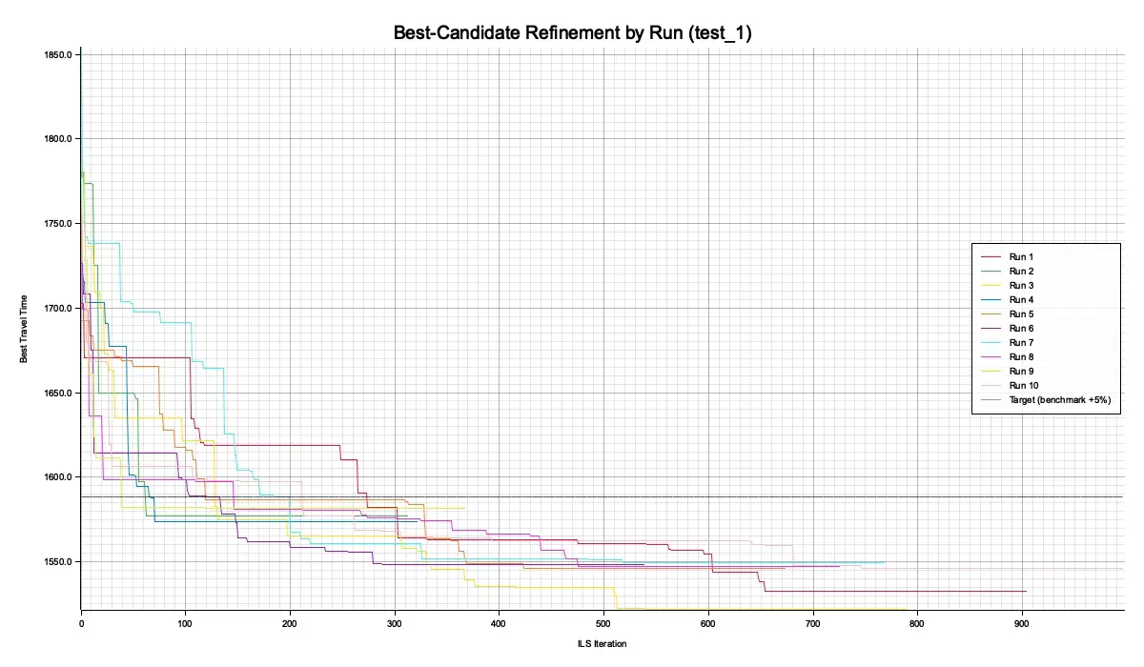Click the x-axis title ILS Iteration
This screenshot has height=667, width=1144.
click(x=603, y=644)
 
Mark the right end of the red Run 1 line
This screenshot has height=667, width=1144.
click(x=1026, y=591)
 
